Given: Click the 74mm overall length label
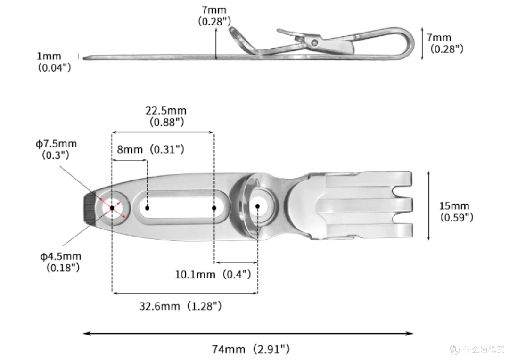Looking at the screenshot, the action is point(251,349).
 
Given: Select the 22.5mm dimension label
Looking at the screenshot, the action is point(166,116).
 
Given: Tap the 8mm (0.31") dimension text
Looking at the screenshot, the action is point(151,149).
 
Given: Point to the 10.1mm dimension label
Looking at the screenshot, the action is point(213,274).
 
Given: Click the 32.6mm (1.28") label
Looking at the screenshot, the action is point(181,306).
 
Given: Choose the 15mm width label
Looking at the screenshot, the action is point(456,211).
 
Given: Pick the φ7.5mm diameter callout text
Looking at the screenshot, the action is point(56,149).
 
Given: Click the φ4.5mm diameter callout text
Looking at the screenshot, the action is point(61,262).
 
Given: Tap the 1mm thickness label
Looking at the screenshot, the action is point(54,61).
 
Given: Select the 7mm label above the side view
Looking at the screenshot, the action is point(214,16).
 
